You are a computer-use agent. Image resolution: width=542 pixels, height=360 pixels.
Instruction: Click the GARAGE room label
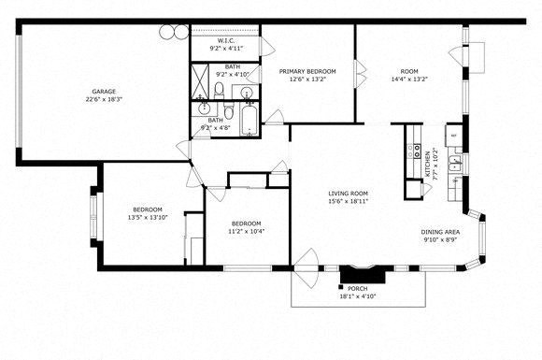pyautogui.click(x=104, y=91)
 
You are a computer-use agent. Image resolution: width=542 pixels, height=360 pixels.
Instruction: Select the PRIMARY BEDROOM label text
pyautogui.click(x=307, y=71)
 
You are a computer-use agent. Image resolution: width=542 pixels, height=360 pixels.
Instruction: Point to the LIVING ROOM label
pyautogui.click(x=348, y=193)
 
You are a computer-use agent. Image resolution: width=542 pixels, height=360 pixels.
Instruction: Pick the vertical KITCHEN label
pyautogui.click(x=429, y=164)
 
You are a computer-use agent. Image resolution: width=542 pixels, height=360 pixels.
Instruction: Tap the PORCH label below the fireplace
pyautogui.click(x=356, y=288)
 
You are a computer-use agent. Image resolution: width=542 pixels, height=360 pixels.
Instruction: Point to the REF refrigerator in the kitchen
pyautogui.click(x=453, y=136)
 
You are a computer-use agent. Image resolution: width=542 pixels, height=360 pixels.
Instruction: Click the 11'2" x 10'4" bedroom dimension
pyautogui.click(x=246, y=231)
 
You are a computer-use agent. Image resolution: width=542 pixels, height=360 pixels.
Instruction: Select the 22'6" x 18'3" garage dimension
pyautogui.click(x=104, y=99)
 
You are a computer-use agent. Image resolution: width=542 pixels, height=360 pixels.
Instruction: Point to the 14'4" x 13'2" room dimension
pyautogui.click(x=409, y=79)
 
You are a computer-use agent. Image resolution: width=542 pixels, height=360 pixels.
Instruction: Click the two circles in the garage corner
pyautogui.click(x=173, y=32)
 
